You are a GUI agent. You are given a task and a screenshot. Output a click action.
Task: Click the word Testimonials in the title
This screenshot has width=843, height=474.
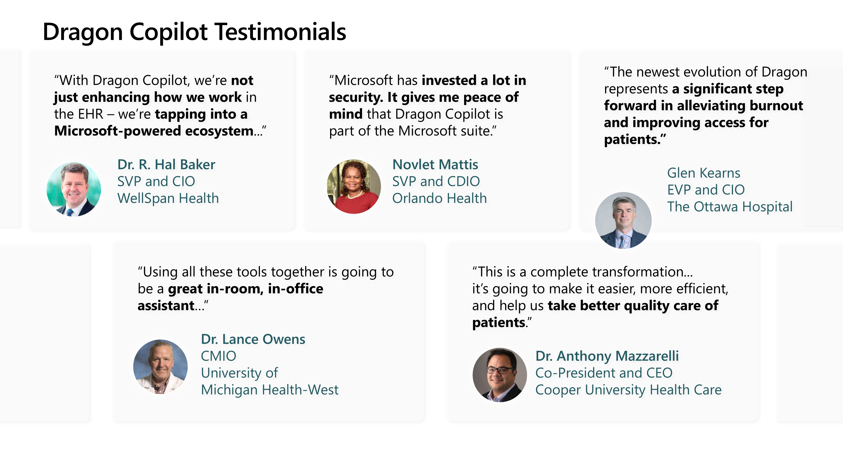281,32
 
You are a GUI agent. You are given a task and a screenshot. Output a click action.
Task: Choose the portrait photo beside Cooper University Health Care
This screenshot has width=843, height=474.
500,375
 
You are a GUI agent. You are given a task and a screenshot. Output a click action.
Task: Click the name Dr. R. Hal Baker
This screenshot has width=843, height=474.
166,164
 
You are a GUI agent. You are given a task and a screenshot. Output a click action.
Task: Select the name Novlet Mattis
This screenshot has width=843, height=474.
435,164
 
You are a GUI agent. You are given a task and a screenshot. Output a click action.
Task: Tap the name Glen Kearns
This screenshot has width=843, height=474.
704,173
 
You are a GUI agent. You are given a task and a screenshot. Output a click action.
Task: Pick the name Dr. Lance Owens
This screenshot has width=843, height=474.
253,339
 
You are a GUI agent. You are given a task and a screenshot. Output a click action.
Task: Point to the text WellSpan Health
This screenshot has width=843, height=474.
168,198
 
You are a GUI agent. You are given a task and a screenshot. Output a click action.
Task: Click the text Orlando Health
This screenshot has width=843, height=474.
439,198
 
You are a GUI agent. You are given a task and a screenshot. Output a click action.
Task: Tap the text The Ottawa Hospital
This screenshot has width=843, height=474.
730,207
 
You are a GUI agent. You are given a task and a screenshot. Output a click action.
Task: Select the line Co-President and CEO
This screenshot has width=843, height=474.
604,373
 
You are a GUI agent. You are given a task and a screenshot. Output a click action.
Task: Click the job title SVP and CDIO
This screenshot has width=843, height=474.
436,181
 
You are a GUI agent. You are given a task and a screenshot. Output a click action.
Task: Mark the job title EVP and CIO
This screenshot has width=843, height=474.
706,190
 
